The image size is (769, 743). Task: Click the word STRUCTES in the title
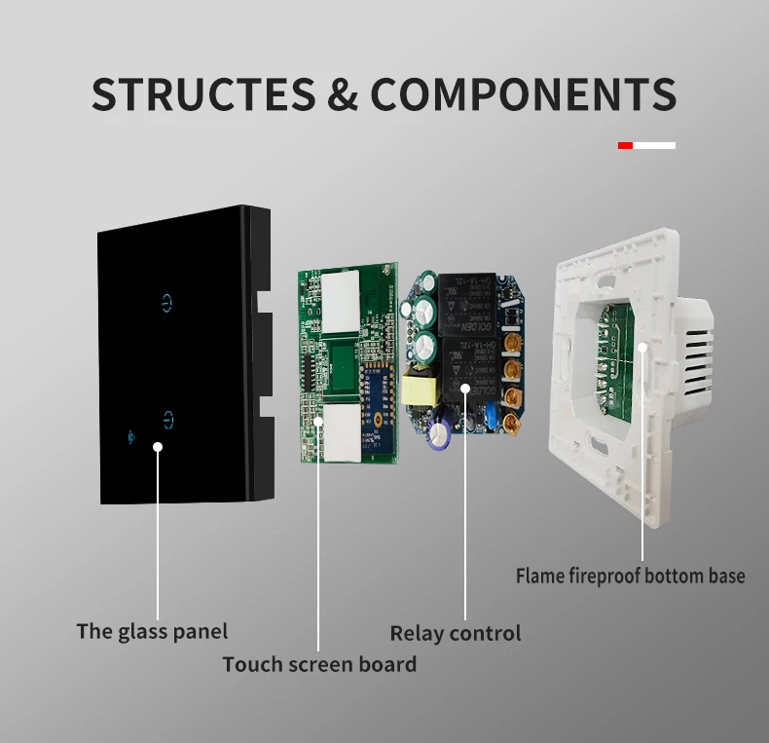pyautogui.click(x=202, y=94)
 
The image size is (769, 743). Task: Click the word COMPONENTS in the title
pyautogui.click(x=524, y=94)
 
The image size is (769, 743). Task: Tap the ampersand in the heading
pyautogui.click(x=343, y=94)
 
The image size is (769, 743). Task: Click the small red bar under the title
pyautogui.click(x=625, y=145)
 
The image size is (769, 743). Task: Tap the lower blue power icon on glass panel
pyautogui.click(x=169, y=421)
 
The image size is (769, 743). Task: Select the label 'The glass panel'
pyautogui.click(x=152, y=631)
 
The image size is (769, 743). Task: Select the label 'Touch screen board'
pyautogui.click(x=319, y=664)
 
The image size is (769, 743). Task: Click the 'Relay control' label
pyautogui.click(x=456, y=633)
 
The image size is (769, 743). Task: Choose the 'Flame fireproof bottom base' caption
pyautogui.click(x=630, y=576)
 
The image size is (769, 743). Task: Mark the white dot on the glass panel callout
pyautogui.click(x=158, y=447)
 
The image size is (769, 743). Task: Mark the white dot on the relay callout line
pyautogui.click(x=464, y=389)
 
